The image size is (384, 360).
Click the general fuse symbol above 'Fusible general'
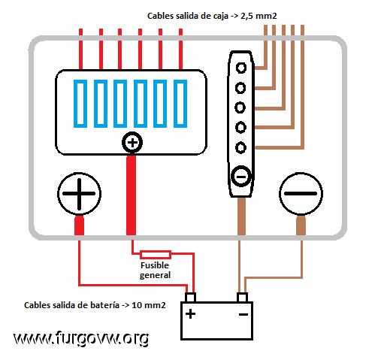(x=156, y=255)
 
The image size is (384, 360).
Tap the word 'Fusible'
(x=155, y=265)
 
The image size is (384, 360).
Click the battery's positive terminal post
(x=190, y=298)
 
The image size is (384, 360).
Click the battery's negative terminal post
(x=242, y=298)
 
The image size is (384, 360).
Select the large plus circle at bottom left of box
(x=79, y=194)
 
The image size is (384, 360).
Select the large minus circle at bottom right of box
(x=301, y=194)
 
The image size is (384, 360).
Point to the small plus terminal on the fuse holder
(x=132, y=143)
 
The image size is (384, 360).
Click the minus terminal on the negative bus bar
(x=241, y=177)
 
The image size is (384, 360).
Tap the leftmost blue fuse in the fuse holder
(x=80, y=104)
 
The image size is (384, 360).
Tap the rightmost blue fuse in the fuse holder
(x=180, y=104)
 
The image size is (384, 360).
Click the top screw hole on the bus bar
(x=241, y=68)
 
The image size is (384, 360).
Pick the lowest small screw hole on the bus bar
(x=240, y=147)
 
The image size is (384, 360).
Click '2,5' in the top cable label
(x=247, y=16)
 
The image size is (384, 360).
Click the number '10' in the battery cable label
(x=137, y=305)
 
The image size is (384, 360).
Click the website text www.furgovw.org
(x=81, y=338)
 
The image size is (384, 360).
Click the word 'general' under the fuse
(x=155, y=276)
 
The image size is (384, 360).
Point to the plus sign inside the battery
(x=190, y=314)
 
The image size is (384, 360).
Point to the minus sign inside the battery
(x=243, y=314)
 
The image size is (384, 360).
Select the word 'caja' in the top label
(x=221, y=17)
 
